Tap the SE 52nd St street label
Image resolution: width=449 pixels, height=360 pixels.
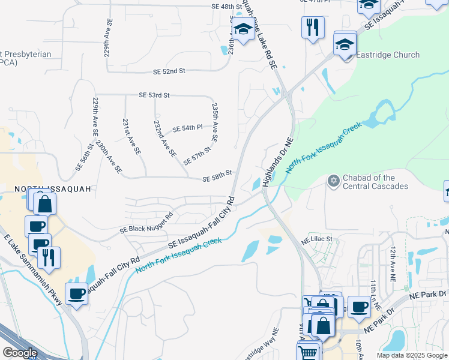click(169, 71)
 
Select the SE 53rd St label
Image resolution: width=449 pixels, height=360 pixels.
click(154, 95)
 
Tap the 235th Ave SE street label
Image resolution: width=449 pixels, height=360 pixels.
click(215, 122)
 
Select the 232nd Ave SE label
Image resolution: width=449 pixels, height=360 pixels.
click(164, 139)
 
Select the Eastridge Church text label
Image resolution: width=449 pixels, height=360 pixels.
click(388, 55)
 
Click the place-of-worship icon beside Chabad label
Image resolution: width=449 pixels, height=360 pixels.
click(333, 181)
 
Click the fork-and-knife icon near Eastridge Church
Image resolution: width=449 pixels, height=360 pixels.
click(313, 26)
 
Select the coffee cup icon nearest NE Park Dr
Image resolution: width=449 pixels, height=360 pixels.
click(359, 306)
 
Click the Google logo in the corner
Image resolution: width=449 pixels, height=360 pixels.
click(20, 353)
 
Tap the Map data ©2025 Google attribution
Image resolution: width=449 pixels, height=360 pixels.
click(411, 355)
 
